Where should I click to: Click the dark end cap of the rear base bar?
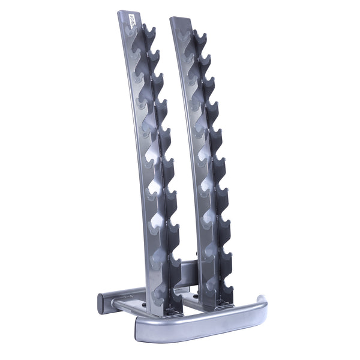(x=100, y=300)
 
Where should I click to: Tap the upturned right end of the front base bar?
(x=262, y=300)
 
